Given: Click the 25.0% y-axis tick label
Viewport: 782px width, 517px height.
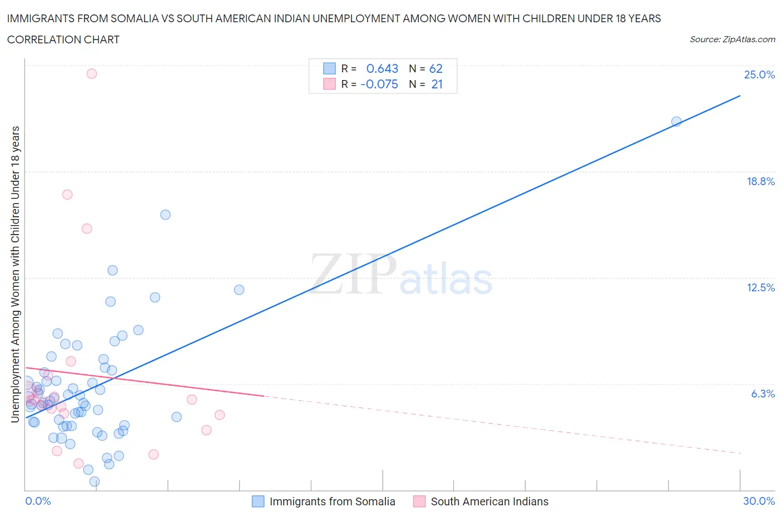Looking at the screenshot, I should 759,74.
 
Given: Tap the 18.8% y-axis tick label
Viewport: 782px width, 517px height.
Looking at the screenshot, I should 760,181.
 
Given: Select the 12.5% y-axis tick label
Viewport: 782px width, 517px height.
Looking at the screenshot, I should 760,287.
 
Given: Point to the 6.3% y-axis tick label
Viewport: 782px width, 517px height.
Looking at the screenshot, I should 763,394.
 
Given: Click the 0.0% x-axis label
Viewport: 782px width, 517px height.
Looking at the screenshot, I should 38,501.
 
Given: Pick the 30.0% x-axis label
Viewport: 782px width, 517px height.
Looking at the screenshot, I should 759,501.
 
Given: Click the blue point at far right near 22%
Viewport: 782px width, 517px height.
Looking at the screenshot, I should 676,121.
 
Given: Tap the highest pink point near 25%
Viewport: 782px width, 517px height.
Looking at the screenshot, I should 92,73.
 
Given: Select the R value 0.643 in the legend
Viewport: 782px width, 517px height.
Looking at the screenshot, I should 382,68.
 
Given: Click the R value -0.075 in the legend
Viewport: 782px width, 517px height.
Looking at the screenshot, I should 379,84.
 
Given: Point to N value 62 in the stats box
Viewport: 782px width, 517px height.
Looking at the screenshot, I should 436,68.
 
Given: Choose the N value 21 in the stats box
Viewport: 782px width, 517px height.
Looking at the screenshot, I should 437,84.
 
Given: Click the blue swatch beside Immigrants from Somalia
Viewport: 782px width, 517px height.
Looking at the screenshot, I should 258,501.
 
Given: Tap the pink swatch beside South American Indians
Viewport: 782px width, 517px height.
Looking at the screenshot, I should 419,501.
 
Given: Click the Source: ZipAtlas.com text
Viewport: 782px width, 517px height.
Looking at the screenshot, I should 732,39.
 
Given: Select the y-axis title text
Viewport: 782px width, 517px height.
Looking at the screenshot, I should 16,274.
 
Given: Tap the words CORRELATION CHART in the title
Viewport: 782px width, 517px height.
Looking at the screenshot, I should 63,39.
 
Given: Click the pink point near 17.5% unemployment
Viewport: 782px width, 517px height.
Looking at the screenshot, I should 67,195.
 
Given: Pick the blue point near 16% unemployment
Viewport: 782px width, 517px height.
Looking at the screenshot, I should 165,215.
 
